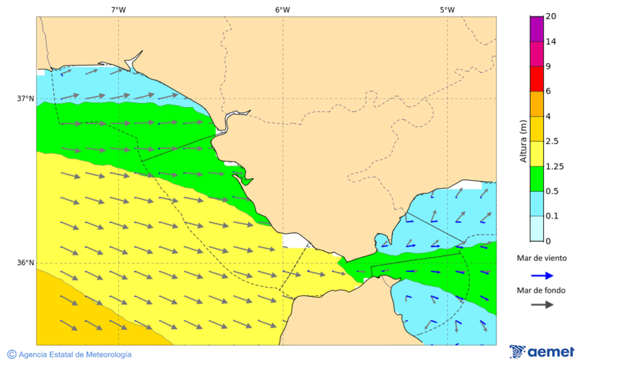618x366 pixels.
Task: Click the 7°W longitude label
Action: pyautogui.click(x=118, y=10)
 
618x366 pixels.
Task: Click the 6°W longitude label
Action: pyautogui.click(x=282, y=10)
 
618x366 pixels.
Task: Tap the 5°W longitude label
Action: pyautogui.click(x=447, y=10)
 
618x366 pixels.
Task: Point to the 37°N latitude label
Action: pyautogui.click(x=25, y=98)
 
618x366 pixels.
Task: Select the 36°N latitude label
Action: pyautogui.click(x=25, y=262)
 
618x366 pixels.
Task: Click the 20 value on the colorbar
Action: pyautogui.click(x=550, y=16)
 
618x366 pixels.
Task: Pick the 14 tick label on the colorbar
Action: pyautogui.click(x=550, y=41)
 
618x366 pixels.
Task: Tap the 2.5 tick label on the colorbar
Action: pyautogui.click(x=552, y=141)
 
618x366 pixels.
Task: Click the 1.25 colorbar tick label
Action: pyautogui.click(x=554, y=166)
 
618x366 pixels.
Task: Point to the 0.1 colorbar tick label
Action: pyautogui.click(x=552, y=216)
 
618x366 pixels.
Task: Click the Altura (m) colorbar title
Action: pyautogui.click(x=523, y=141)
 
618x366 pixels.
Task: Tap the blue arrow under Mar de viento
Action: pyautogui.click(x=542, y=275)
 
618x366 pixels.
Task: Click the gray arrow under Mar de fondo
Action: pyautogui.click(x=542, y=304)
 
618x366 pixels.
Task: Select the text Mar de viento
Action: pyautogui.click(x=542, y=258)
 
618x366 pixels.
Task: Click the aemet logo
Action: pyautogui.click(x=542, y=352)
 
